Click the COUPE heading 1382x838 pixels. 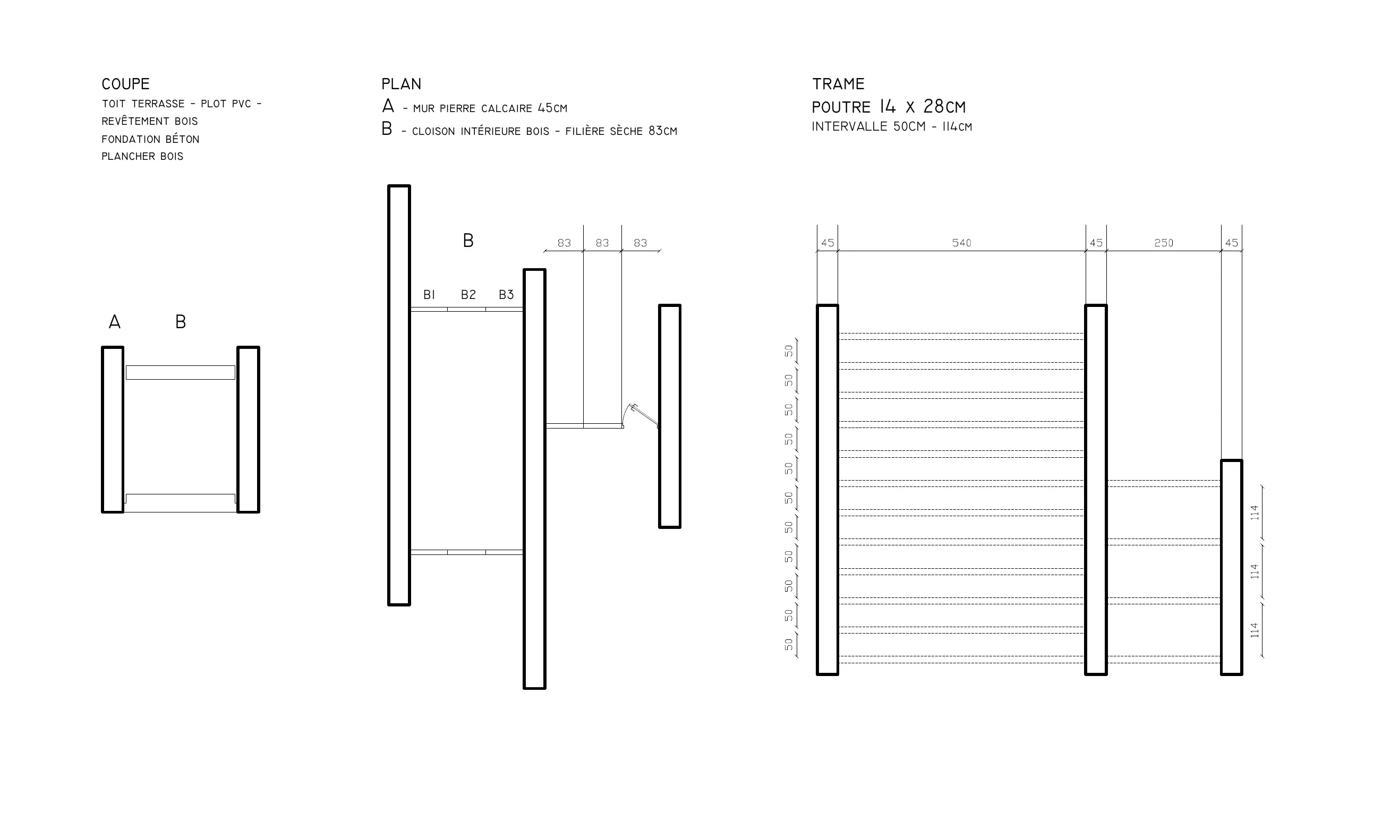click(x=126, y=84)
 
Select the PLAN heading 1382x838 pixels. click(x=401, y=84)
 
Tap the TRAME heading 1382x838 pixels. click(x=839, y=84)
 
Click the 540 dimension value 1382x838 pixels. click(x=961, y=243)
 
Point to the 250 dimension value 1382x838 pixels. click(x=1164, y=243)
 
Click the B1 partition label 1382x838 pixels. click(x=429, y=295)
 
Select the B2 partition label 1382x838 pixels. click(x=468, y=295)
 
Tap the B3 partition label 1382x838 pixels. click(x=507, y=295)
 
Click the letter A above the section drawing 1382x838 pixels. click(x=114, y=322)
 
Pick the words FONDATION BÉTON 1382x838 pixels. click(x=150, y=139)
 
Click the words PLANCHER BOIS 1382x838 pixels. click(x=142, y=157)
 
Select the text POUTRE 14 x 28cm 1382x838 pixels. click(x=889, y=107)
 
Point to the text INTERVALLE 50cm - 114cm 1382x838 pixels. click(x=892, y=127)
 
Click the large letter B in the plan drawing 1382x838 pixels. click(x=468, y=241)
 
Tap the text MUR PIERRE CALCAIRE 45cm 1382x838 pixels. click(x=490, y=108)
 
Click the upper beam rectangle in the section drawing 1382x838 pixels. click(x=181, y=372)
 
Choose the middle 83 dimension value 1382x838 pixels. click(x=602, y=243)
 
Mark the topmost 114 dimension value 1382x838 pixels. click(x=1255, y=512)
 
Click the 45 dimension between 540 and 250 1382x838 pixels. click(x=1096, y=243)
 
